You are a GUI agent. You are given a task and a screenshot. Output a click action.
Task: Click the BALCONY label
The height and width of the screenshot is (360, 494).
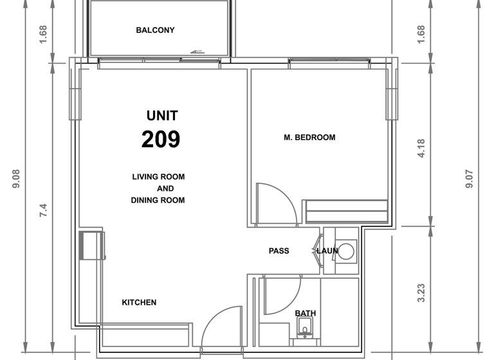[x=155, y=30]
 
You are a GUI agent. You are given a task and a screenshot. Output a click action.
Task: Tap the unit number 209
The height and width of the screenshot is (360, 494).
[x=161, y=139]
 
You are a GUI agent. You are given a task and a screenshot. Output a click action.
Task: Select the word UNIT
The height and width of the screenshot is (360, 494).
[x=162, y=116]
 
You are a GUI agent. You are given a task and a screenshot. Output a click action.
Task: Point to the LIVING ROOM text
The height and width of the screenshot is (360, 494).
[x=158, y=177]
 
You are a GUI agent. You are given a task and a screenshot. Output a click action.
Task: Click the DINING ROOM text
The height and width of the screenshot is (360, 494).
[x=158, y=201]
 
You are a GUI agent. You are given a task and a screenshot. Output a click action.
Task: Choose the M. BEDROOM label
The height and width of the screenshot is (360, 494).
[x=309, y=138]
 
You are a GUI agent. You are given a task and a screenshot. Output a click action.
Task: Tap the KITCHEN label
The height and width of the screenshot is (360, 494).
[x=139, y=302]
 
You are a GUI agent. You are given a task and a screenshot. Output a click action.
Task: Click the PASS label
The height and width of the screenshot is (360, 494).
[x=279, y=251]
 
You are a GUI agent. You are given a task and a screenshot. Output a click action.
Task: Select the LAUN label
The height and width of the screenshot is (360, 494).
[x=327, y=251]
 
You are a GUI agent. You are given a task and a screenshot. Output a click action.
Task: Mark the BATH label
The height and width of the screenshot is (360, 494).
[x=306, y=314]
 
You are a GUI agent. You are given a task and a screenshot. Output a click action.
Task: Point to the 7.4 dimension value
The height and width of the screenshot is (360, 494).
[x=43, y=211]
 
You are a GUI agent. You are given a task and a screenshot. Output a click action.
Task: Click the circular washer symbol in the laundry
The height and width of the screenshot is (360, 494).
[x=346, y=251]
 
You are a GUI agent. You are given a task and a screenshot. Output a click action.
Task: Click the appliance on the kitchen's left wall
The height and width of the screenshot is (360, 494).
[x=91, y=245]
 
